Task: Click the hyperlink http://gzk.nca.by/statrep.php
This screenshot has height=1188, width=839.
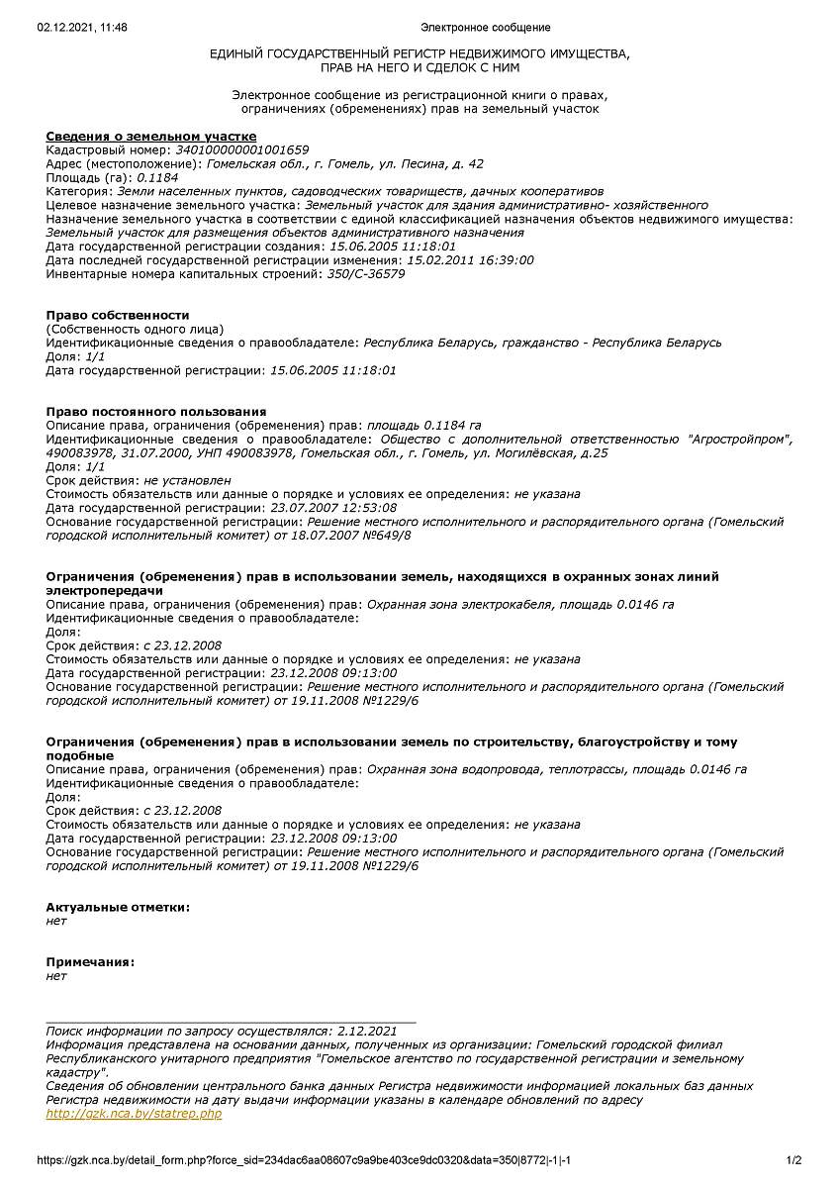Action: pos(134,1114)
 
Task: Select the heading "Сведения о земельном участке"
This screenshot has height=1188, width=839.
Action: pos(151,136)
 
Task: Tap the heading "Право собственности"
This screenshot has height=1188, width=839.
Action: pos(118,315)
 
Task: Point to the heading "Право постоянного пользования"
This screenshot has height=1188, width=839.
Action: pos(156,411)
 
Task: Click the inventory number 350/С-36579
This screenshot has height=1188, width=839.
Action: pos(366,274)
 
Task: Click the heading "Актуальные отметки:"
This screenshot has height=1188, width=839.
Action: pos(118,907)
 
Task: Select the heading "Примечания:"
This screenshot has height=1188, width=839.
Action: pos(90,962)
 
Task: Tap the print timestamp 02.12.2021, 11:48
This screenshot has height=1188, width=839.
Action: pos(82,28)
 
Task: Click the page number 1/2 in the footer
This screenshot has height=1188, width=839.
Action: pos(793,1160)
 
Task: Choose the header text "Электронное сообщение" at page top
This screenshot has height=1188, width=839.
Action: pos(485,28)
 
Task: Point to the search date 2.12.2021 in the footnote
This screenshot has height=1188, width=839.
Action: pos(367,1031)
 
